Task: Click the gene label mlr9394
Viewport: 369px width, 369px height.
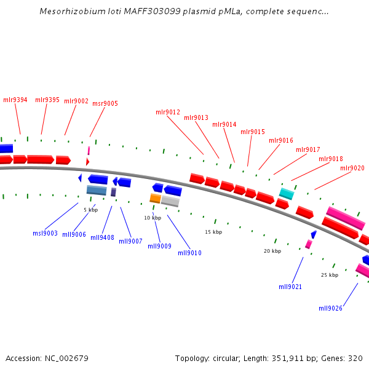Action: click(x=15, y=100)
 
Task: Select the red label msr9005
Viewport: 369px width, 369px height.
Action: click(x=105, y=103)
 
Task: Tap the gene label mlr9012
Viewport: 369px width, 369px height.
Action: click(x=168, y=113)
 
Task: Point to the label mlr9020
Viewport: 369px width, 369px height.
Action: click(x=352, y=168)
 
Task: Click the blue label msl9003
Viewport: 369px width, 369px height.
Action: click(x=45, y=233)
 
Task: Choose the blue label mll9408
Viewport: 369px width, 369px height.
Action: click(x=102, y=237)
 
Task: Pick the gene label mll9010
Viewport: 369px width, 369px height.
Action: click(x=189, y=253)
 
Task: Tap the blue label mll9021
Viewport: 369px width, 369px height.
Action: click(x=290, y=287)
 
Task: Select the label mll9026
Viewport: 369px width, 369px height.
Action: click(x=330, y=309)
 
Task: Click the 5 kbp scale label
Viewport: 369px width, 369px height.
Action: click(x=91, y=210)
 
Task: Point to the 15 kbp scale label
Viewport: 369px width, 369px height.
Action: click(x=213, y=232)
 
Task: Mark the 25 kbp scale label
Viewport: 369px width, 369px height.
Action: click(x=330, y=275)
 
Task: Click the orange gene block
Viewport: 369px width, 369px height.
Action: click(x=156, y=198)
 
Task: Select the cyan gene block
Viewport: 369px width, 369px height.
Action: click(x=287, y=194)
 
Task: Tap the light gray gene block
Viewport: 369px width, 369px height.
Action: click(x=170, y=201)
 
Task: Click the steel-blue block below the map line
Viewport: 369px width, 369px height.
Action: click(x=97, y=190)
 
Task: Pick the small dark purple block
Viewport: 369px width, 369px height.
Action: click(x=113, y=192)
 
